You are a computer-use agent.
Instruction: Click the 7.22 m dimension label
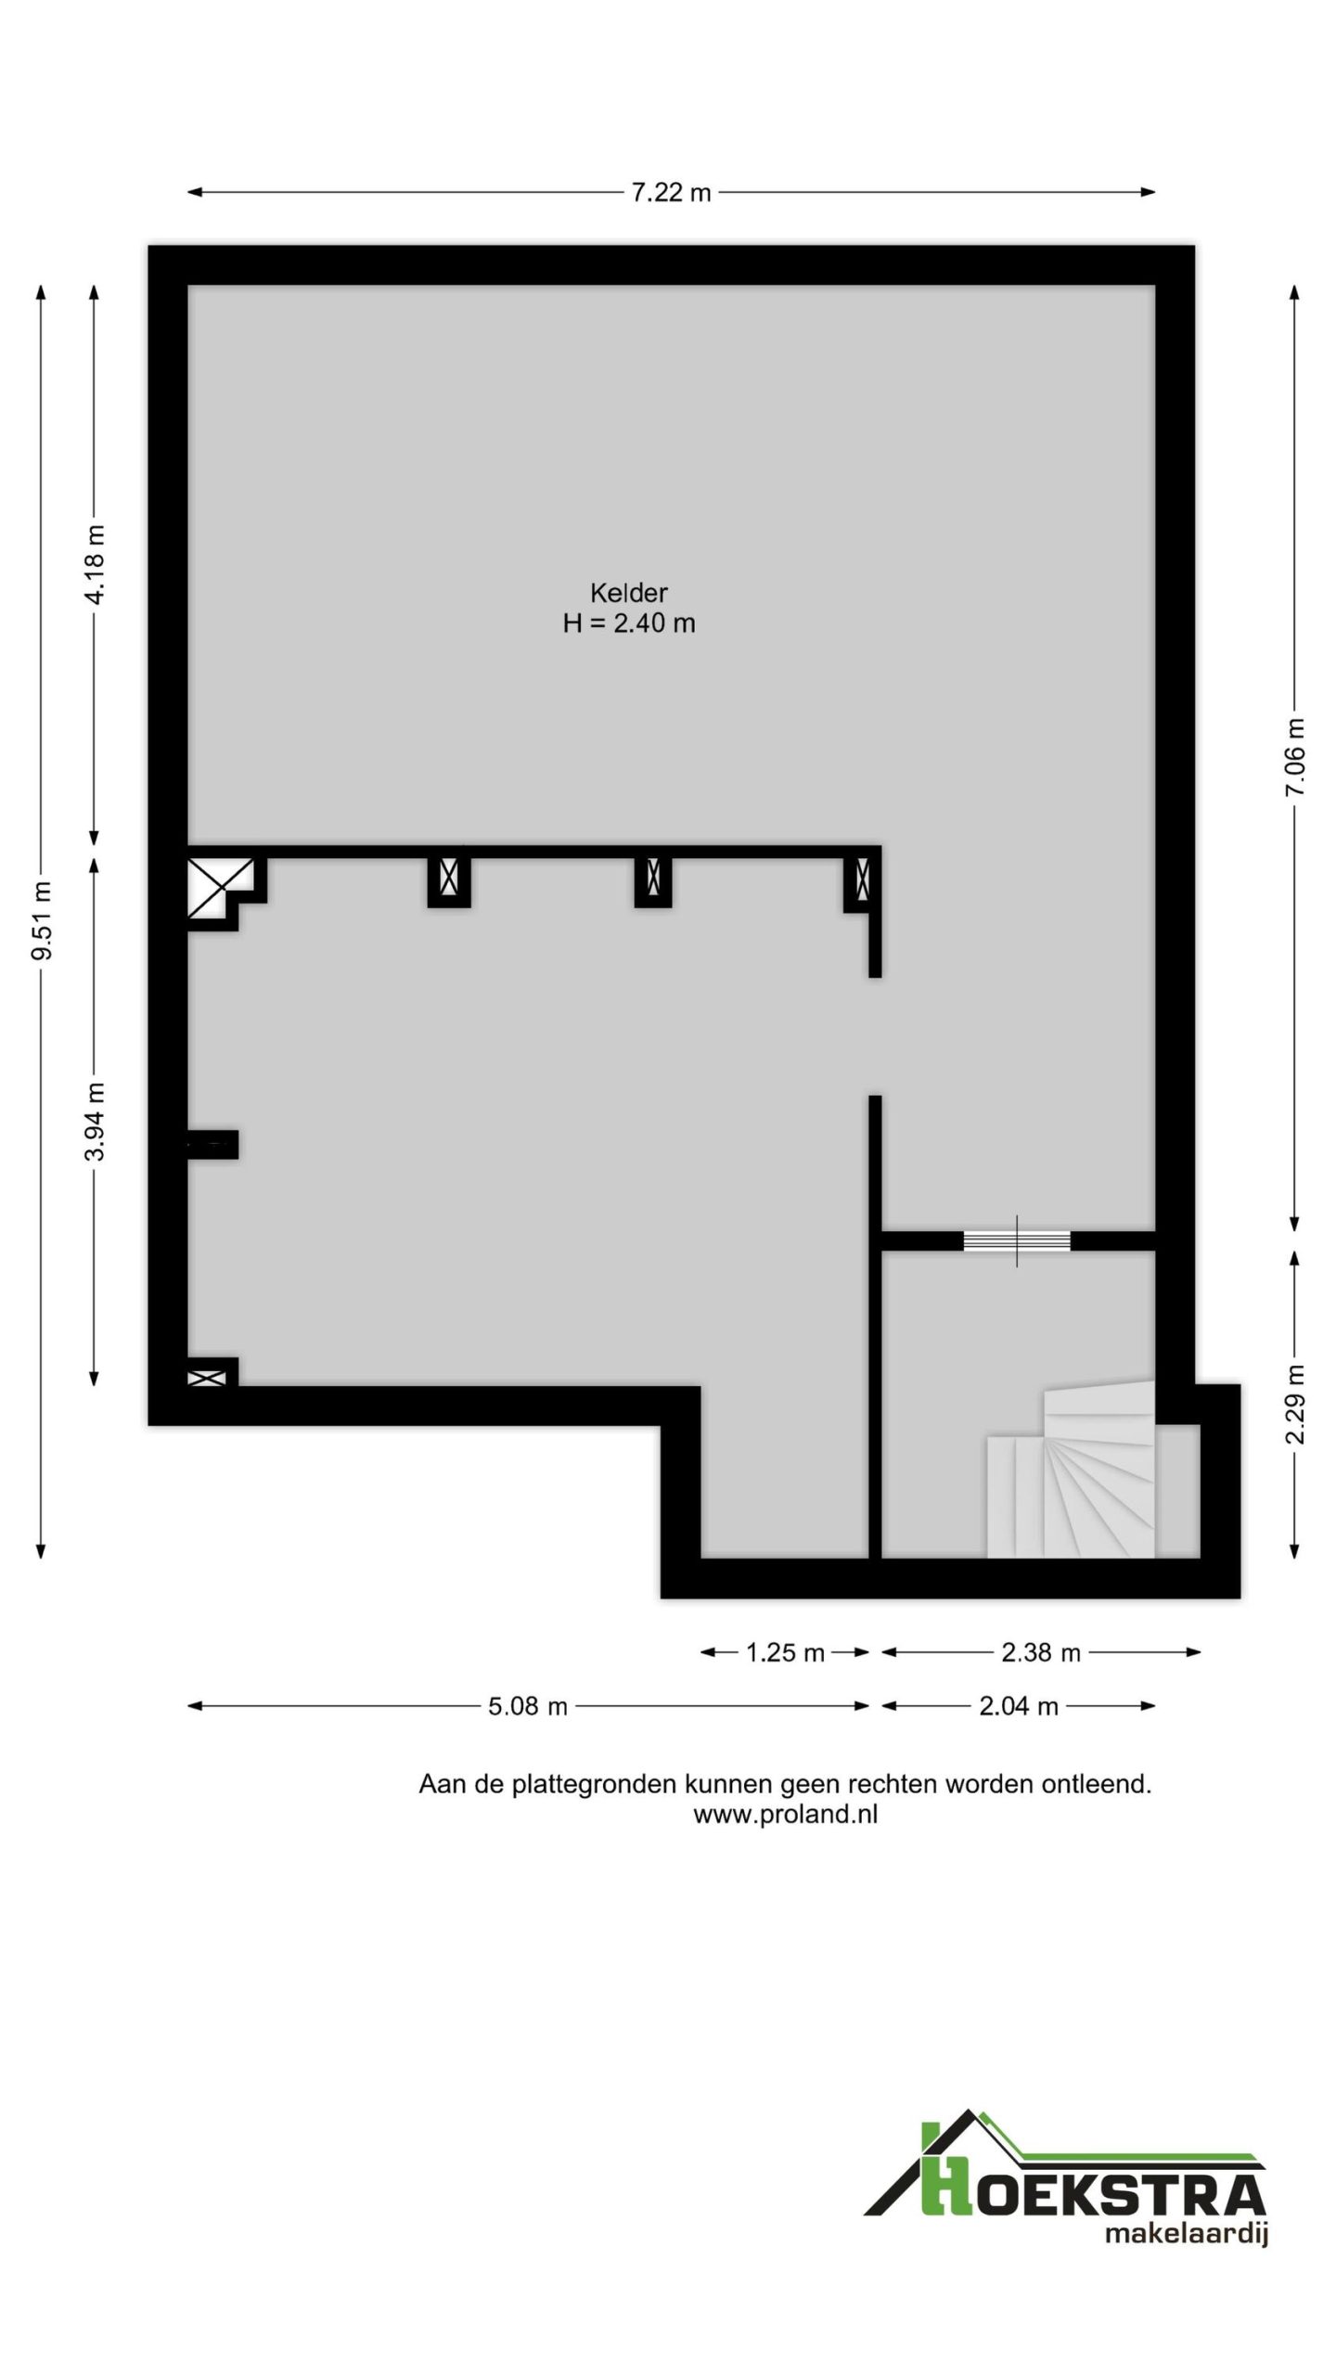[x=671, y=193]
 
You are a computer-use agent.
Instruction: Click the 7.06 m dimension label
[x=1295, y=756]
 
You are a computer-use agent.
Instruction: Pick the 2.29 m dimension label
[x=1295, y=1405]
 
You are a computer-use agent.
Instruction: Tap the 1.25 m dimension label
[x=785, y=1652]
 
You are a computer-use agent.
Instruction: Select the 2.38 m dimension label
[x=1041, y=1652]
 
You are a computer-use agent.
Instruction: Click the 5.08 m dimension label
[x=528, y=1706]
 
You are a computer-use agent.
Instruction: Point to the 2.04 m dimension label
[x=1019, y=1706]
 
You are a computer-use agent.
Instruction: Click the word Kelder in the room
[x=629, y=592]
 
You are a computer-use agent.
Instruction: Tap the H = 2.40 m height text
[x=629, y=623]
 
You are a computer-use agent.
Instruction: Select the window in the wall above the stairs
[x=1017, y=1240]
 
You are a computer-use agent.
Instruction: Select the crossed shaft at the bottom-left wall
[x=207, y=1379]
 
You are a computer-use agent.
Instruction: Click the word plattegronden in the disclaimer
[x=595, y=1784]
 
